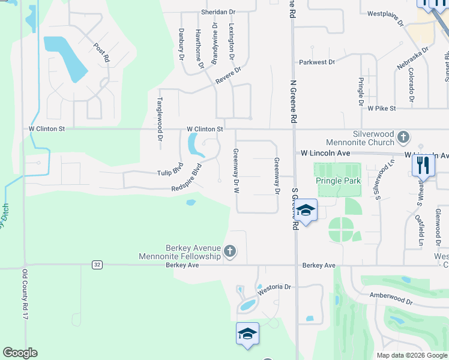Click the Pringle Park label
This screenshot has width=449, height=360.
click(x=339, y=181)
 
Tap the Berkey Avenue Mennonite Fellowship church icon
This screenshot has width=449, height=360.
click(x=229, y=251)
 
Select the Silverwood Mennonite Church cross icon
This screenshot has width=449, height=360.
click(x=403, y=138)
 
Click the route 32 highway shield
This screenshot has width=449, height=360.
click(x=96, y=264)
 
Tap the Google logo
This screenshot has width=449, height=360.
click(x=20, y=353)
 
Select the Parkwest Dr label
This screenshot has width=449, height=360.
click(x=316, y=62)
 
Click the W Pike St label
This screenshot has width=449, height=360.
click(x=382, y=108)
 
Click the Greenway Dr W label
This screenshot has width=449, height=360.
click(x=236, y=170)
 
